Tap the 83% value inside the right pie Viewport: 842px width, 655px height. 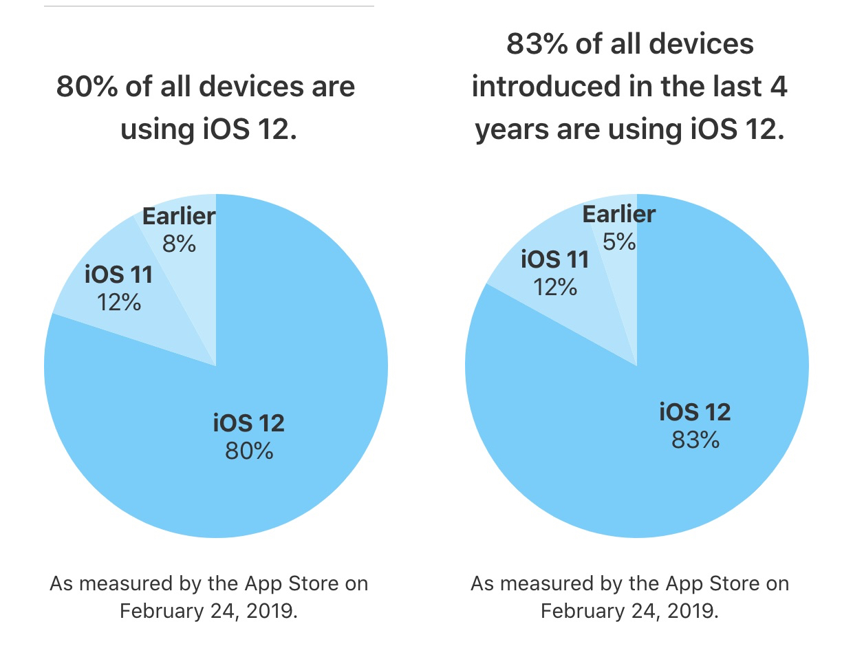pyautogui.click(x=695, y=439)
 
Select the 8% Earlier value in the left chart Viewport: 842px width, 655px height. pyautogui.click(x=179, y=243)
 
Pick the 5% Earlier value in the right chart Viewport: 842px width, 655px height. pyautogui.click(x=619, y=241)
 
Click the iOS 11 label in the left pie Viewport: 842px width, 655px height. pyautogui.click(x=118, y=275)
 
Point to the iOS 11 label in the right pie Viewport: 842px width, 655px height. pyautogui.click(x=555, y=259)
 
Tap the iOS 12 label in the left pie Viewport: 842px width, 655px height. pyautogui.click(x=248, y=423)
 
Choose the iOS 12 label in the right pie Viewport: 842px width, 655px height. pyautogui.click(x=695, y=412)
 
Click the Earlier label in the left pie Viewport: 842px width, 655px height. pyautogui.click(x=179, y=217)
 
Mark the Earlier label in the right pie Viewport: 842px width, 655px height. pyautogui.click(x=619, y=215)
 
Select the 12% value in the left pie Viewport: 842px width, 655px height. pyautogui.click(x=119, y=301)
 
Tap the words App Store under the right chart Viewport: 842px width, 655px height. pyautogui.click(x=709, y=584)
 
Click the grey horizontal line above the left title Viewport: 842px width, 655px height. pyautogui.click(x=208, y=6)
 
